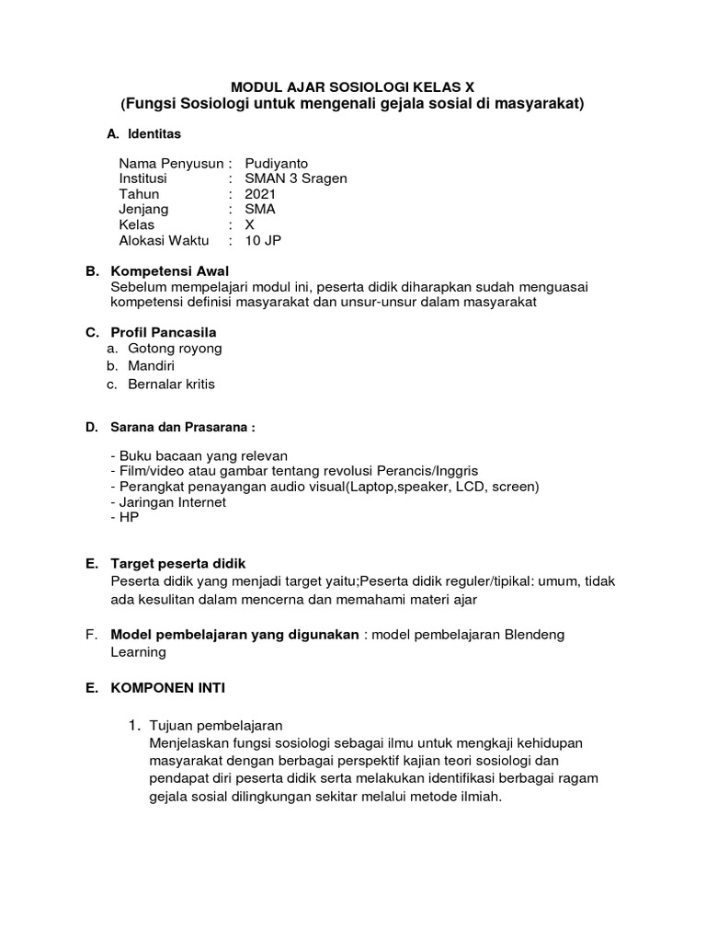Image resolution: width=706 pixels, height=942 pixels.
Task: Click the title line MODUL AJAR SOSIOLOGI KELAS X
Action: (352, 86)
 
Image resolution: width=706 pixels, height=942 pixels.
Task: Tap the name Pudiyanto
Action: (278, 164)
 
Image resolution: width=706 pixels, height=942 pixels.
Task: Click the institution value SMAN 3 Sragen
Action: (295, 178)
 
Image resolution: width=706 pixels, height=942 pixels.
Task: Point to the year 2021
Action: (260, 194)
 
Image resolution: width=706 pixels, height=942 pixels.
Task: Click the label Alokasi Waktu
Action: (164, 241)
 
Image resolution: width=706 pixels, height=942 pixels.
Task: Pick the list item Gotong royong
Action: (175, 349)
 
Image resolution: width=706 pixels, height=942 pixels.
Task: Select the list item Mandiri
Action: (151, 366)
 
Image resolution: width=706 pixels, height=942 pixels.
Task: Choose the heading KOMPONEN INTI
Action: (175, 686)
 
